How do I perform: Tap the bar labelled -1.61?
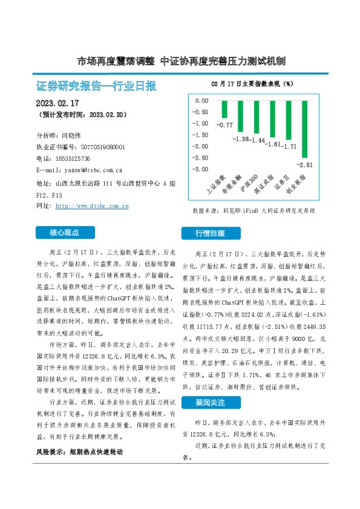pyautogui.click(x=272, y=119)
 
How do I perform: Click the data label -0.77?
pyautogui.click(x=225, y=125)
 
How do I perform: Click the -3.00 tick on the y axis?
pyautogui.click(x=200, y=169)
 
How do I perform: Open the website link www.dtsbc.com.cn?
pyautogui.click(x=91, y=206)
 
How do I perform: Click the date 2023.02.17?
pyautogui.click(x=57, y=103)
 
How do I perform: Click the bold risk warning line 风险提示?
pyautogui.click(x=90, y=452)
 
